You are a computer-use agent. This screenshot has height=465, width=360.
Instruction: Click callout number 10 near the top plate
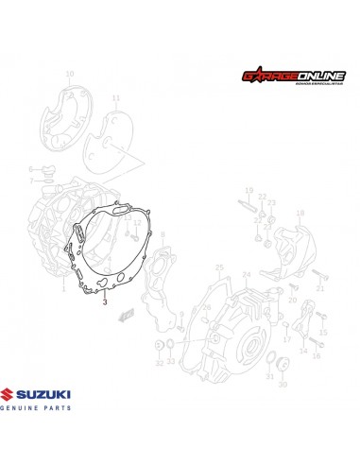(x=69, y=73)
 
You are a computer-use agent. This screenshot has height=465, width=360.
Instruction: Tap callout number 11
(x=116, y=98)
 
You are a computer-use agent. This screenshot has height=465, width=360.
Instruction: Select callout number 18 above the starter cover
(x=300, y=215)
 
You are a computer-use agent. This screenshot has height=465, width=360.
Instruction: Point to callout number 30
(x=282, y=383)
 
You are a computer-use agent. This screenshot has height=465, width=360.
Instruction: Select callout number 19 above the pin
(x=249, y=190)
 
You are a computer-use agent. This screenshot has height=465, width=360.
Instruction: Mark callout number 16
(x=317, y=355)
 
